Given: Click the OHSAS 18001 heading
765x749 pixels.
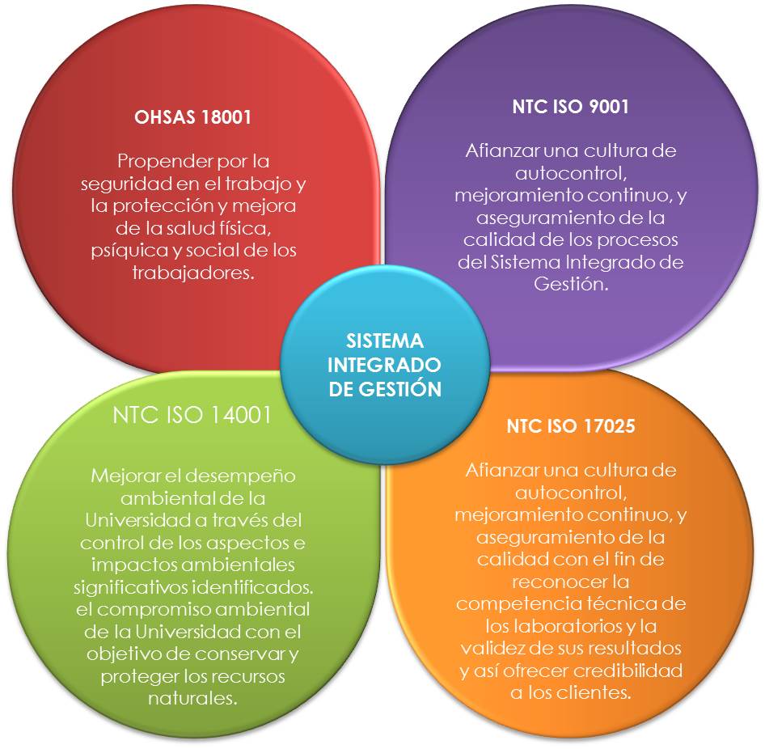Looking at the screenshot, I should click(x=192, y=116).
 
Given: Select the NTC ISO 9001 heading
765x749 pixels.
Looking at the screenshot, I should click(x=571, y=108).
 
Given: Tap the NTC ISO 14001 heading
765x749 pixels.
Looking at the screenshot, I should click(x=192, y=414).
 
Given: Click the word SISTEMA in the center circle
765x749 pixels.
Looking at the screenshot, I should click(x=384, y=341).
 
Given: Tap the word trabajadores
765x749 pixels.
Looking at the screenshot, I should click(x=192, y=273).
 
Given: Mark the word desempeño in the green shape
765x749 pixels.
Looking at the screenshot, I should click(x=244, y=475).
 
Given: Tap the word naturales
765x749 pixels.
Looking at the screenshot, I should click(x=192, y=698).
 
